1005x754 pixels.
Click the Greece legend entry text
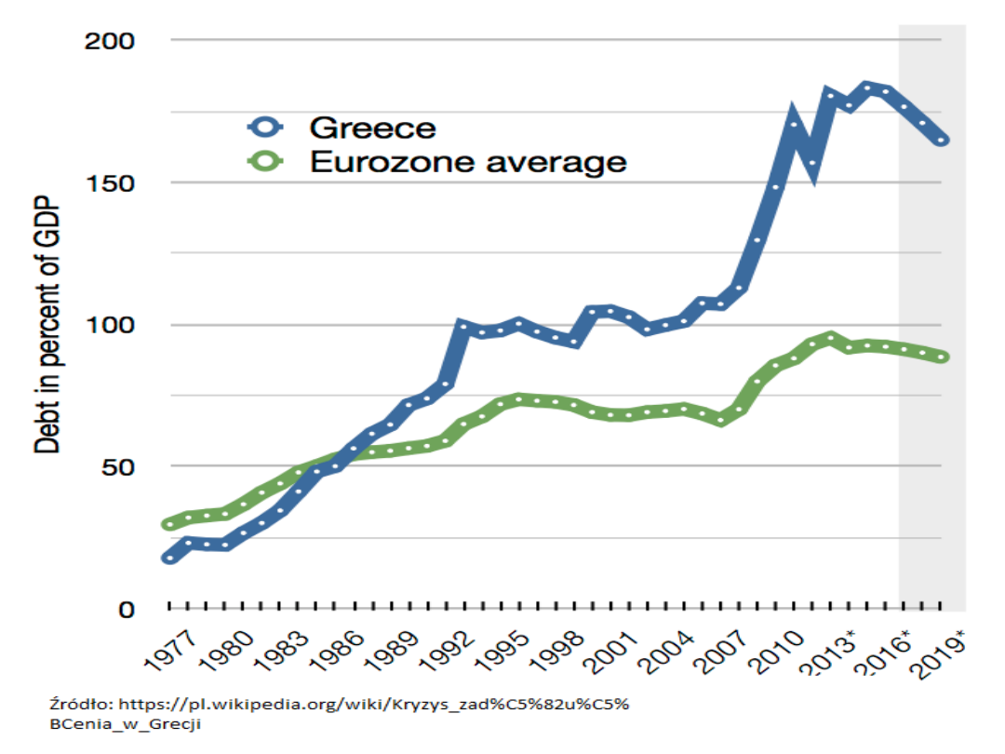tap(372, 127)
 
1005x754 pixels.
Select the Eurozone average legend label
tap(468, 162)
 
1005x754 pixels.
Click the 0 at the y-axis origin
tap(128, 609)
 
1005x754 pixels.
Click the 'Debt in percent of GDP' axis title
tap(47, 326)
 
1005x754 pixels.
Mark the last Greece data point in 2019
tap(942, 141)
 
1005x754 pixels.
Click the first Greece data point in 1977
tap(168, 558)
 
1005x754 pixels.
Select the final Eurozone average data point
tap(942, 357)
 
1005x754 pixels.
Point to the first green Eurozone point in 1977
tap(168, 524)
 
